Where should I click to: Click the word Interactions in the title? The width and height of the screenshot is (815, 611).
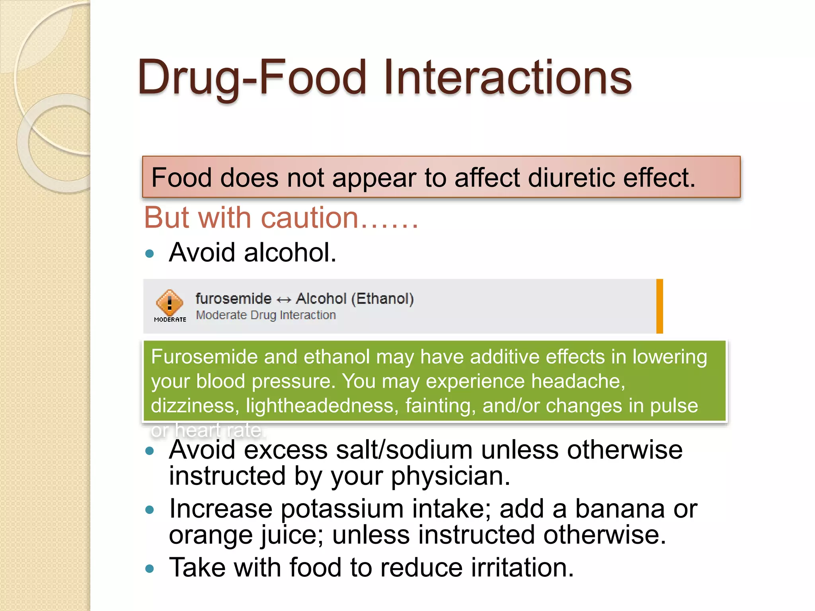507,77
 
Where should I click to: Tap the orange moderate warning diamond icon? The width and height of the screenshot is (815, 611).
170,303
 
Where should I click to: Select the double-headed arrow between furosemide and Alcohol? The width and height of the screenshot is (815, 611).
284,299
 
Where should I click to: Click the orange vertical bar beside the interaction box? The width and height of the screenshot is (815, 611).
659,306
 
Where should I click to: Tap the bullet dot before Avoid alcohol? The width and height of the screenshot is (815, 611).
150,253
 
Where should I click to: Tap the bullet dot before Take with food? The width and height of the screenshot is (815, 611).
150,568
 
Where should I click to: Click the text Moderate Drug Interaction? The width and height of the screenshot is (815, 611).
266,315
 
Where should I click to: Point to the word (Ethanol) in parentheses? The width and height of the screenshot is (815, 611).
382,298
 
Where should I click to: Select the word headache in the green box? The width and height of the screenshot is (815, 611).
578,381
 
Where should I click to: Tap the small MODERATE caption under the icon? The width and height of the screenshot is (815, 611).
170,319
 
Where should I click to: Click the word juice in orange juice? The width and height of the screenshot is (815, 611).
292,535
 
